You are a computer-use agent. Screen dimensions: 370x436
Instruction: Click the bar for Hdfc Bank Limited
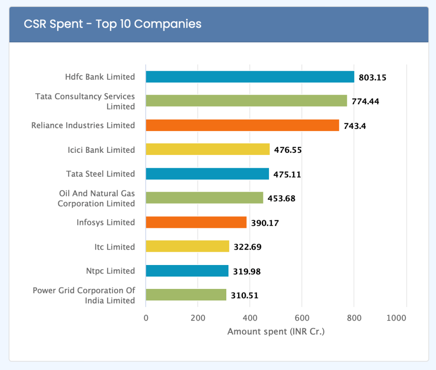click(x=250, y=77)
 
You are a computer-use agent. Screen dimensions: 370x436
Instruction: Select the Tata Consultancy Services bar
click(x=246, y=101)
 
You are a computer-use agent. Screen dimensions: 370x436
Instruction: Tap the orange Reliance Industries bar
click(x=242, y=125)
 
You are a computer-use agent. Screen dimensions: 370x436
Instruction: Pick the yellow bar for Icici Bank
click(x=208, y=149)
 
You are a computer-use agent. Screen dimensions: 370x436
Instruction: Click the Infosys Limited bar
click(x=196, y=222)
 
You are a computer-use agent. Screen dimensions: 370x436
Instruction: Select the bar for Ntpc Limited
click(x=187, y=271)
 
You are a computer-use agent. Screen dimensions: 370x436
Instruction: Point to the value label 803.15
click(x=372, y=78)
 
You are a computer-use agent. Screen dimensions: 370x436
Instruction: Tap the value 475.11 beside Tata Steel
click(x=287, y=174)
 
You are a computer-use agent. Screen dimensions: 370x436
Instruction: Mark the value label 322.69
click(x=247, y=247)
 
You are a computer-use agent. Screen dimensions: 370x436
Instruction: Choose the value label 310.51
click(x=245, y=295)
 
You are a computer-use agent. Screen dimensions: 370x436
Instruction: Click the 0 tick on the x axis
click(x=146, y=318)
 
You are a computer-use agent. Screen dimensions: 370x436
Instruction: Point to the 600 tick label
click(x=302, y=318)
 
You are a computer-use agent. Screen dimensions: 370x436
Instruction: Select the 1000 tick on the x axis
click(x=396, y=318)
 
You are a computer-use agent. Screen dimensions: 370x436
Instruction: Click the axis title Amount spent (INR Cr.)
click(x=276, y=332)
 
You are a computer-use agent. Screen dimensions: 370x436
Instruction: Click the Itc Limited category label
click(x=115, y=247)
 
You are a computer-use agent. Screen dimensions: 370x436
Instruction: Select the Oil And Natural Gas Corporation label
click(x=96, y=198)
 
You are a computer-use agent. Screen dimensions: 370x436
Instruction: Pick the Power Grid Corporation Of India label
click(x=84, y=295)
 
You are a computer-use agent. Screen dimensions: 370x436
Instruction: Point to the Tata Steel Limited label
click(x=101, y=174)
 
